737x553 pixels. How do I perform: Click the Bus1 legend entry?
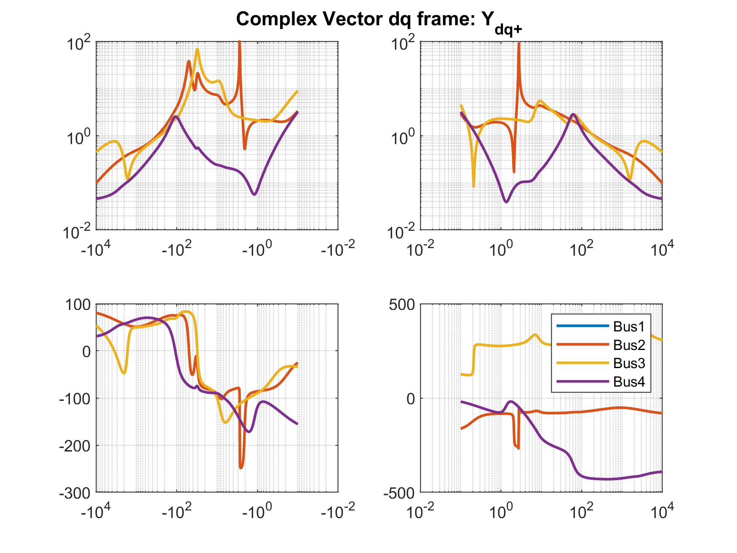click(x=629, y=326)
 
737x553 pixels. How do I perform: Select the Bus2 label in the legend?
click(x=629, y=345)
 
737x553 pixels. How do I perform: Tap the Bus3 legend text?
click(x=629, y=363)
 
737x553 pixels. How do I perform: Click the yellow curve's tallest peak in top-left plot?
click(x=197, y=50)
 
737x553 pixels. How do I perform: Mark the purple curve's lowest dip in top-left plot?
click(x=254, y=194)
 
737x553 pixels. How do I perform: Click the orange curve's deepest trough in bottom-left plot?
click(x=241, y=468)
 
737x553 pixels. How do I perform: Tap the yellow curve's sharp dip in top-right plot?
click(x=473, y=186)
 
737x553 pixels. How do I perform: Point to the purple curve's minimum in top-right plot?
click(x=506, y=202)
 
